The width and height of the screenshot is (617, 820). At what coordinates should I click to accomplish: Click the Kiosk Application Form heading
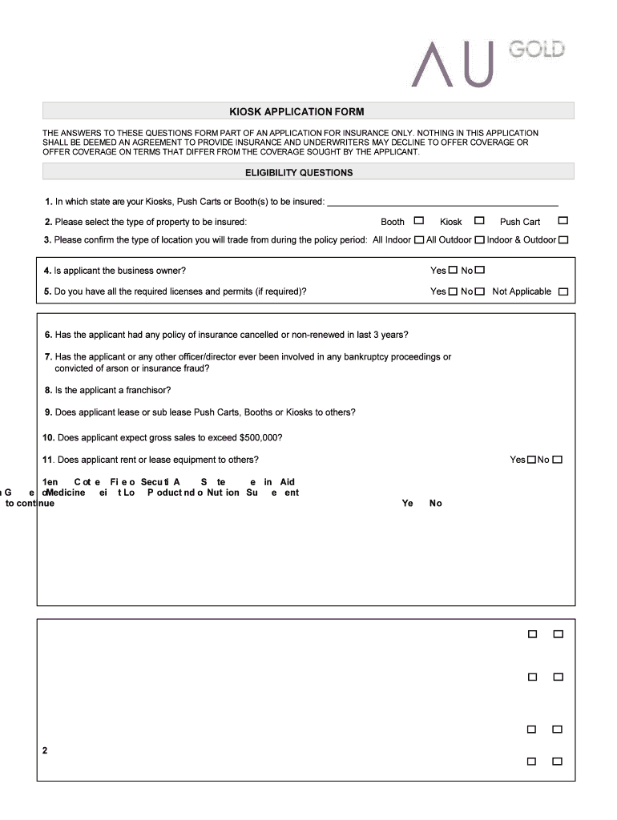click(x=308, y=111)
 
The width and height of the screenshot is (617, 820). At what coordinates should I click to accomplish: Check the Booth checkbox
click(x=418, y=221)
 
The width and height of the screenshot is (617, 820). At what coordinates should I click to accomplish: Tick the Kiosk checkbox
click(x=479, y=221)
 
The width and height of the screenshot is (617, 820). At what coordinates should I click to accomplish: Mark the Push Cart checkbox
click(x=563, y=221)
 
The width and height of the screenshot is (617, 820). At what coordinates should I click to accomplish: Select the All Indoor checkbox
click(x=419, y=239)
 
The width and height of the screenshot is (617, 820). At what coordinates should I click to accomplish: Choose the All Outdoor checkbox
click(x=479, y=239)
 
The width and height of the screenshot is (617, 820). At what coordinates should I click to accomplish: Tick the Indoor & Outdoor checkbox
click(x=563, y=239)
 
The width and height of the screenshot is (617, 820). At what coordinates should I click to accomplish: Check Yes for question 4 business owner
click(x=453, y=271)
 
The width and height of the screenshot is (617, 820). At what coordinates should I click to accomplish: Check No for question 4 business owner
click(x=480, y=271)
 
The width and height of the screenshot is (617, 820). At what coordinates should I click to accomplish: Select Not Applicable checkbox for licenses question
click(x=563, y=291)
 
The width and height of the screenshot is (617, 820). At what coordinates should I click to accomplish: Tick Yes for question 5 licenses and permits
click(x=453, y=291)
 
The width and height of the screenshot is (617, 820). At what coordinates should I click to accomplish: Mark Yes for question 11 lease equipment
click(x=531, y=460)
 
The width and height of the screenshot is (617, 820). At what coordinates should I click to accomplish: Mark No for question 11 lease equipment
click(x=558, y=460)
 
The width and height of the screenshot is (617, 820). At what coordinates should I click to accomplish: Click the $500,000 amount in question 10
click(x=258, y=438)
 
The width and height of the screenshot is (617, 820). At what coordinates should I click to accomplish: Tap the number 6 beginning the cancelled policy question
click(x=48, y=335)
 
